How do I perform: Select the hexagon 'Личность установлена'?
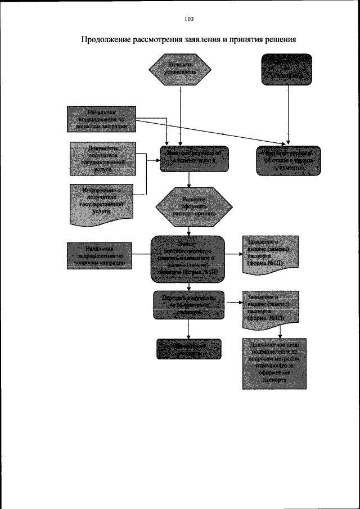180,70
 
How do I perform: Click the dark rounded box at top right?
287,69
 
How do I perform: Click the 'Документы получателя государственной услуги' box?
103,160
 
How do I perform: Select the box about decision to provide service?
189,159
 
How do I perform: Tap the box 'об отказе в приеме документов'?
288,160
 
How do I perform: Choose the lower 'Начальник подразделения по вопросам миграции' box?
99,255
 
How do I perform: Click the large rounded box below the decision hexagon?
188,258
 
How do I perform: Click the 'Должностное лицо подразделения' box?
274,363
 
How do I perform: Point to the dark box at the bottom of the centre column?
189,349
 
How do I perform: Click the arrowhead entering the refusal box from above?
288,143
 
